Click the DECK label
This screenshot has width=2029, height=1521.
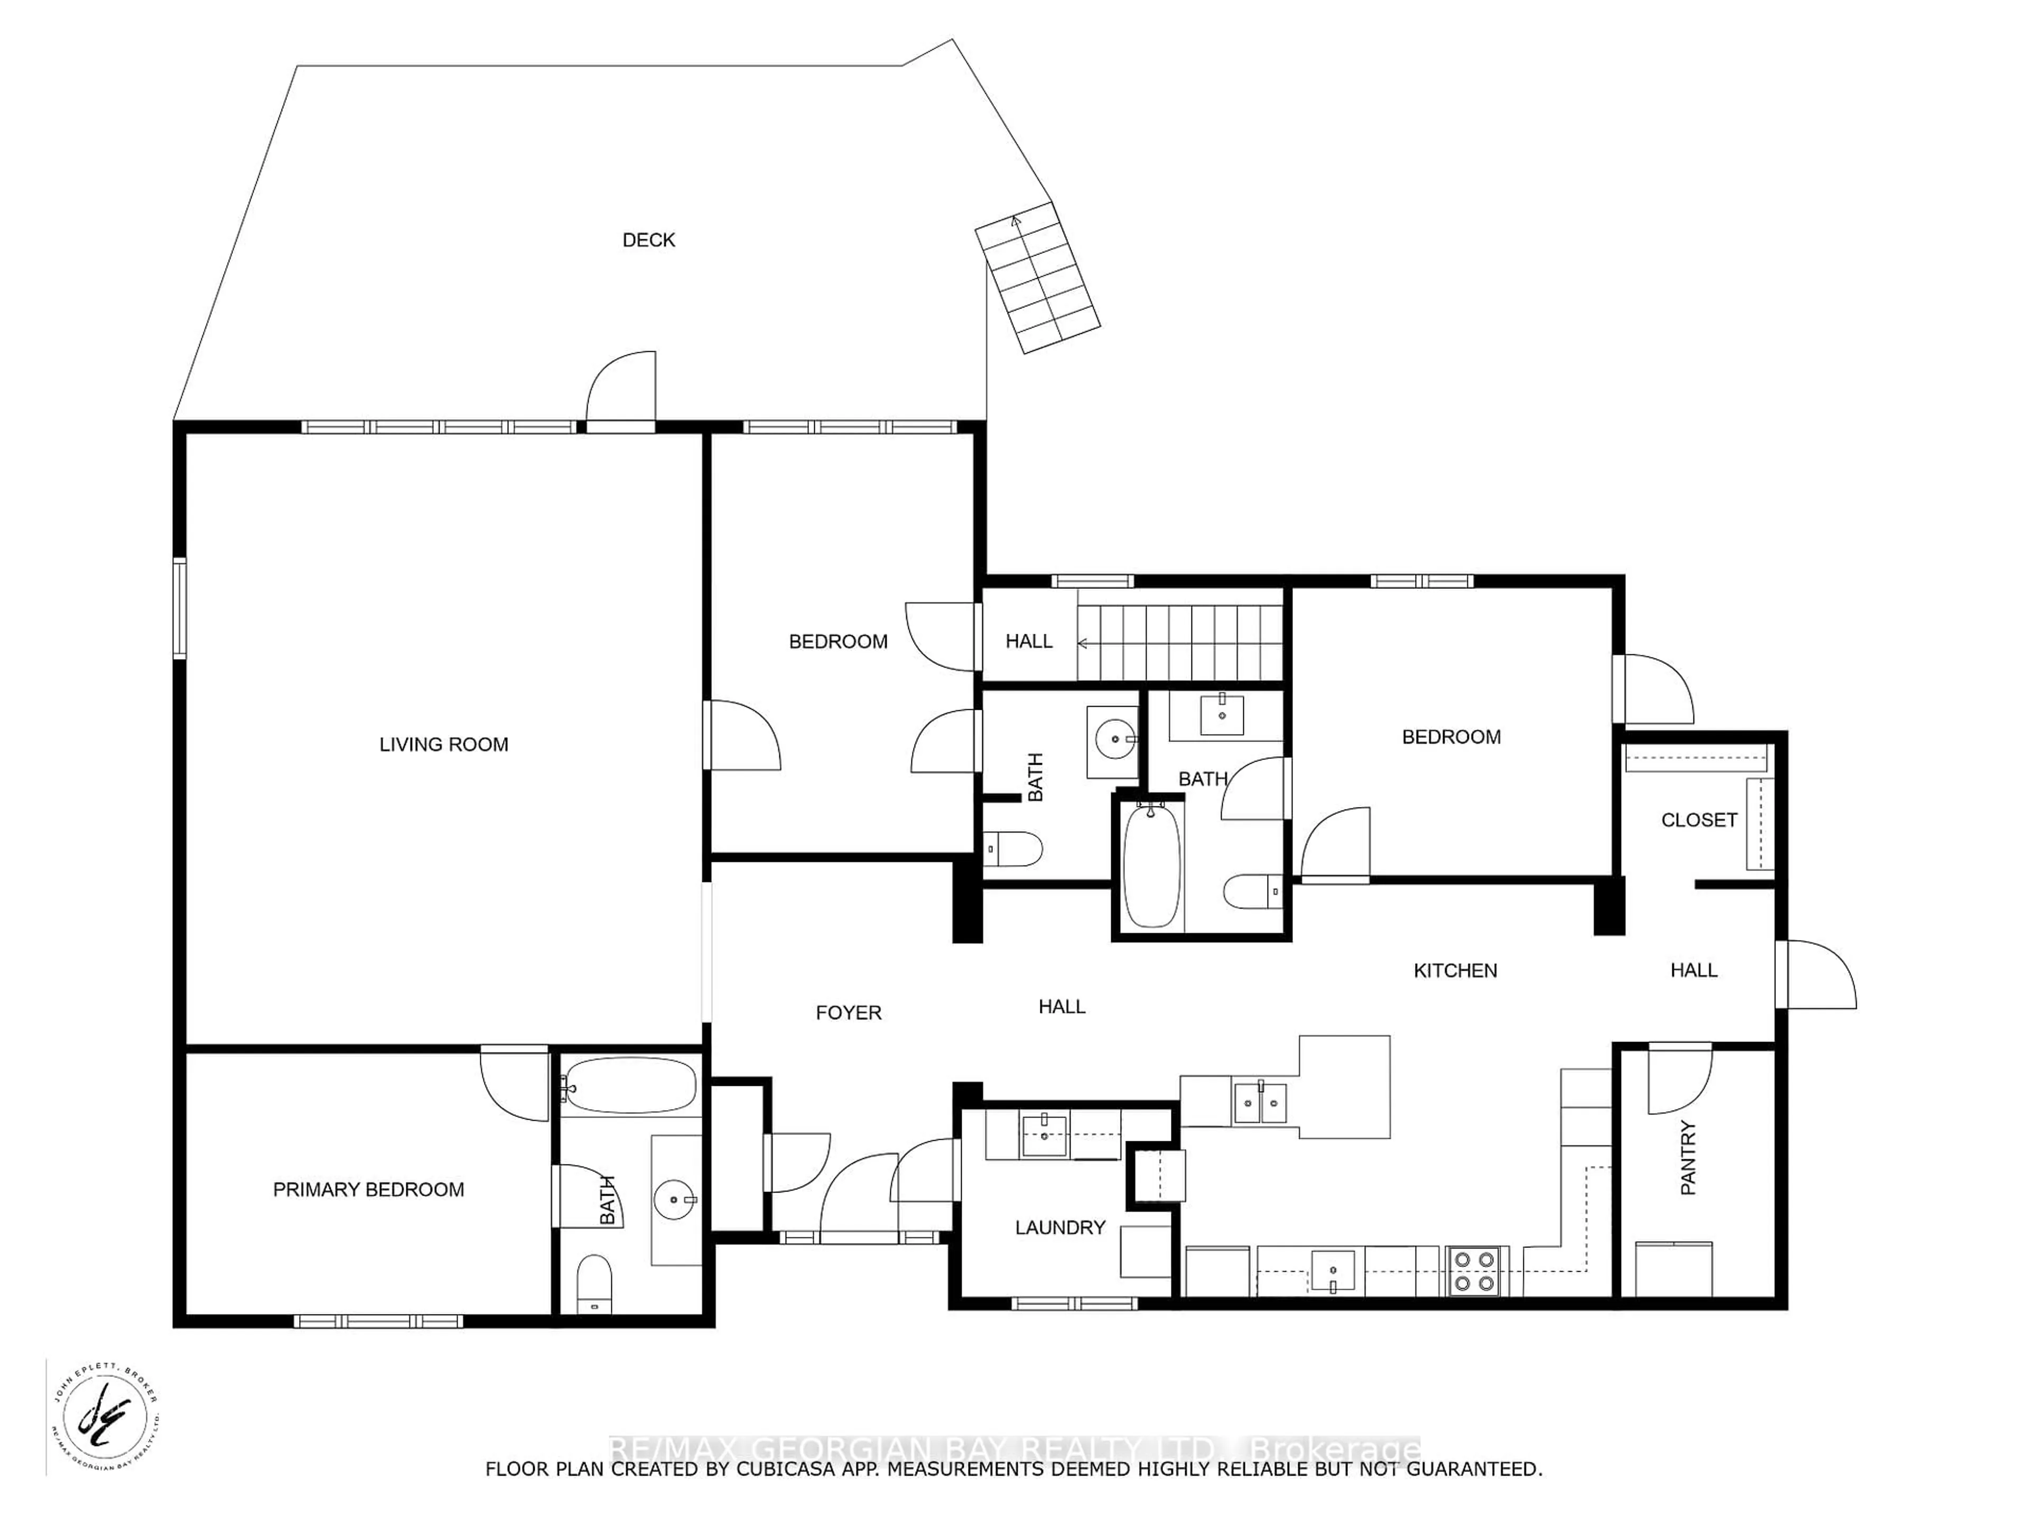tap(648, 240)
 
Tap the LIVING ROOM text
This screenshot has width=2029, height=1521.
tap(444, 745)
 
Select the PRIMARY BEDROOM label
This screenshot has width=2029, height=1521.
tap(369, 1189)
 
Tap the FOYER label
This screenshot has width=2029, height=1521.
tap(849, 1013)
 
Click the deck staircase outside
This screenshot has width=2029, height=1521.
tap(1037, 278)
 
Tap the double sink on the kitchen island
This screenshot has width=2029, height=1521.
tap(1260, 1103)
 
